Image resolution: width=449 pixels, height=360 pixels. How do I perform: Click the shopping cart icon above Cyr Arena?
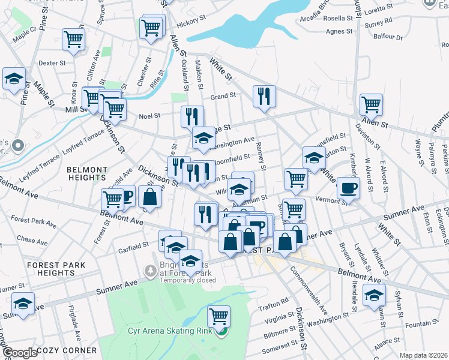(x=219, y=316)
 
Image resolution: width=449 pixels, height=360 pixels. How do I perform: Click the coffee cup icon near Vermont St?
(x=348, y=188)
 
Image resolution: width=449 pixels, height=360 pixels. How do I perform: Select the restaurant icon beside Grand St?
(x=264, y=96)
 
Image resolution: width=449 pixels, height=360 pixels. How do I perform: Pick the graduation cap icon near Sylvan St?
(x=375, y=296)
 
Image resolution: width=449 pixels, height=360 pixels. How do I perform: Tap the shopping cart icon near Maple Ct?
(x=73, y=40)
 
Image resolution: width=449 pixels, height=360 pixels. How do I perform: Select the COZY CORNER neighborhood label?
(x=66, y=350)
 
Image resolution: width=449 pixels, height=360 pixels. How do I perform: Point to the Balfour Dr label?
(x=390, y=37)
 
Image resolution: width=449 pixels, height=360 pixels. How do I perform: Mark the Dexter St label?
(x=52, y=62)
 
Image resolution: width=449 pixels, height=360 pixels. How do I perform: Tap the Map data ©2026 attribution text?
(x=423, y=355)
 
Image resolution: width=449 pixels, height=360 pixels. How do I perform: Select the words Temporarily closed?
(x=188, y=280)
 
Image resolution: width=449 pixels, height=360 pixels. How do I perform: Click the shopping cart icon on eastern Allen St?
(x=372, y=104)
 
